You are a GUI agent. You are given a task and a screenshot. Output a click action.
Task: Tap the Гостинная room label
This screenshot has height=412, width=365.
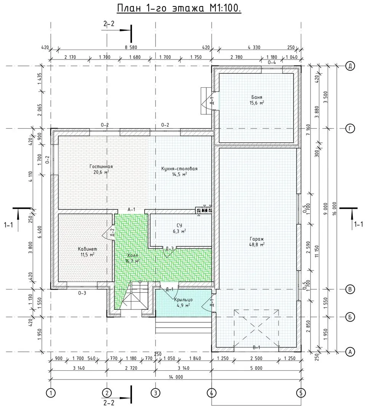coord(101,166)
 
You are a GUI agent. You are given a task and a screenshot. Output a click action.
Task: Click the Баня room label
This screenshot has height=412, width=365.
coord(257,97)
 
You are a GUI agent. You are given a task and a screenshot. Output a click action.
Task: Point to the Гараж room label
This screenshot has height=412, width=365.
coord(257,239)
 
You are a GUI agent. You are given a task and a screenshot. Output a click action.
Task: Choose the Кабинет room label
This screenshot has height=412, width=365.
coord(87,249)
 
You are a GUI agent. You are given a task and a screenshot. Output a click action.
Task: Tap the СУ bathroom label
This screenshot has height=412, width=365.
coord(179,225)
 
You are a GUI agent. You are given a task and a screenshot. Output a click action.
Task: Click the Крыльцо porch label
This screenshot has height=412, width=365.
coord(183,300)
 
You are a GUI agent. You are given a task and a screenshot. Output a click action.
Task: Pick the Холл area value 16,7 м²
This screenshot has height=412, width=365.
coord(133,261)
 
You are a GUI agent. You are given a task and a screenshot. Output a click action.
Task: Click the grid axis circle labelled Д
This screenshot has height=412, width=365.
coord(350,66)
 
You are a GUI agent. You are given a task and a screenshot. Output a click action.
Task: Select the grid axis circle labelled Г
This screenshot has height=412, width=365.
coord(350,129)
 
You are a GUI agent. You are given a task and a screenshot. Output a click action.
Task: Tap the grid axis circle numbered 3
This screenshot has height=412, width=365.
coord(155,393)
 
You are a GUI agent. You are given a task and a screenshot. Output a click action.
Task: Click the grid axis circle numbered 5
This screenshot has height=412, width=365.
coord(301,393)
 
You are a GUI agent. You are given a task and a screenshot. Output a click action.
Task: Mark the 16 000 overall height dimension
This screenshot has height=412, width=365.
coord(334,208)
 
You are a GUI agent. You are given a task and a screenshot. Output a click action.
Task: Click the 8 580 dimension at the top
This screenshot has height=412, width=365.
coord(131,48)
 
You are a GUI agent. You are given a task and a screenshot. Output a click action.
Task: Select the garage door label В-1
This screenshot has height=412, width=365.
coord(256,348)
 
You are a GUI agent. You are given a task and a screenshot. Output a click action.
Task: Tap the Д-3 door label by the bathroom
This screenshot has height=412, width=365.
coord(169,249)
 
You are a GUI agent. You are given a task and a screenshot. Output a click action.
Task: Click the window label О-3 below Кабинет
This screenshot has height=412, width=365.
coord(82,293)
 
